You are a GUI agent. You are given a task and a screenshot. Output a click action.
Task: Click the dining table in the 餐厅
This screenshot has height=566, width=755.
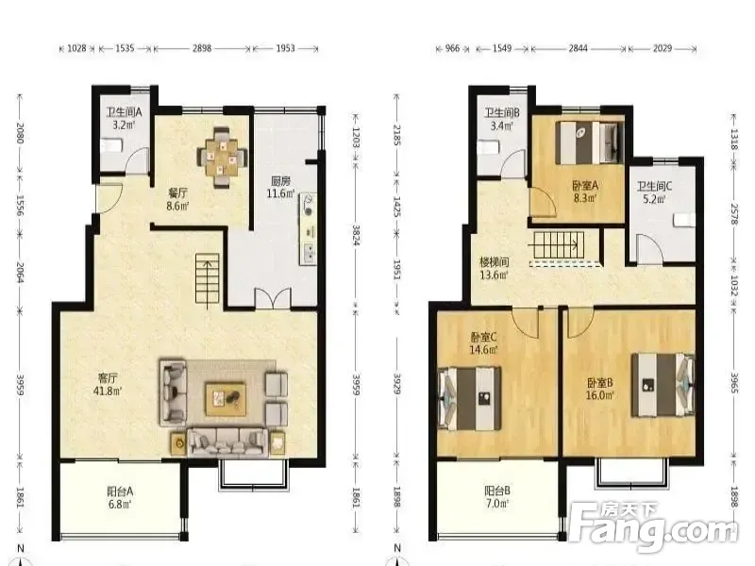tap(222, 158)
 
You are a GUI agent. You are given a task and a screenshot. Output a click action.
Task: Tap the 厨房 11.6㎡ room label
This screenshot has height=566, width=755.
tap(280, 187)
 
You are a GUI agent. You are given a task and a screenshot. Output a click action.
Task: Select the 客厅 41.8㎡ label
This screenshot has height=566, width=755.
tap(107, 385)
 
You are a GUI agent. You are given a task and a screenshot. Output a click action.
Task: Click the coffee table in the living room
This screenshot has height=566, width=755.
tap(226, 398)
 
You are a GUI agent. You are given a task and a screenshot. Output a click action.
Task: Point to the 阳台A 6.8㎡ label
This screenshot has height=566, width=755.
tap(120, 498)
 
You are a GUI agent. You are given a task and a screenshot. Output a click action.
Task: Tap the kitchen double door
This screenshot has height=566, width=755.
tap(273, 298)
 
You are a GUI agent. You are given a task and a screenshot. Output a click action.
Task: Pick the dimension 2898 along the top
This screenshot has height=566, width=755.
tap(202, 48)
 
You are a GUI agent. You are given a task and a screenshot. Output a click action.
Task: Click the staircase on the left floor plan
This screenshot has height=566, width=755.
tap(208, 278)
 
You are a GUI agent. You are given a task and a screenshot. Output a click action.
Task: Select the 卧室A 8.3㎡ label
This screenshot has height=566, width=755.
tap(585, 191)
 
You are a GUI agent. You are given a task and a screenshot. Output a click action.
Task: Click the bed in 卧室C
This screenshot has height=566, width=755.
tap(470, 398)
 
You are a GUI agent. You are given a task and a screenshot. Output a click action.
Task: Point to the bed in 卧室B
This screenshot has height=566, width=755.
tap(663, 385)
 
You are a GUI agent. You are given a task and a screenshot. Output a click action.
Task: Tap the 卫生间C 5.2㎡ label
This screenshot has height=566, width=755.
tap(654, 192)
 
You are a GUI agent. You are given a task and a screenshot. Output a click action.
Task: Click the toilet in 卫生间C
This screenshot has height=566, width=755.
tap(684, 220)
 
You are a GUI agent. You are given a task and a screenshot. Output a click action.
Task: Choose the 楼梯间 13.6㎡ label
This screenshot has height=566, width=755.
tap(494, 269)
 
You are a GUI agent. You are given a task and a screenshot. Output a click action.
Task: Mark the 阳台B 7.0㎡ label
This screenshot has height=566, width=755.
tap(497, 497)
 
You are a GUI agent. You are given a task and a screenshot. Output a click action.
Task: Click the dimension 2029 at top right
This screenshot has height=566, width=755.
tap(663, 48)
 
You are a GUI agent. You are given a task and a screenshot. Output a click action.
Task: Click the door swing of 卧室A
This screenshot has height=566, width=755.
tap(544, 202)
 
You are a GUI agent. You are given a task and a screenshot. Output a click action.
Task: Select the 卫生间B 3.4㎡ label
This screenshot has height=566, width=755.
tap(501, 120)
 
